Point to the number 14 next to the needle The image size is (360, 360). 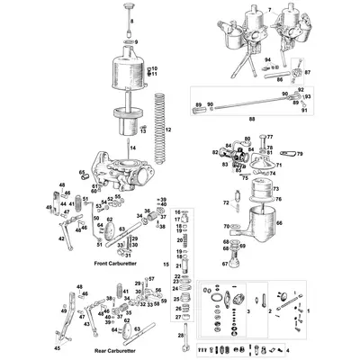pos(134,146)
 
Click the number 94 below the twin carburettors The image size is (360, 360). pos(266,59)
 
